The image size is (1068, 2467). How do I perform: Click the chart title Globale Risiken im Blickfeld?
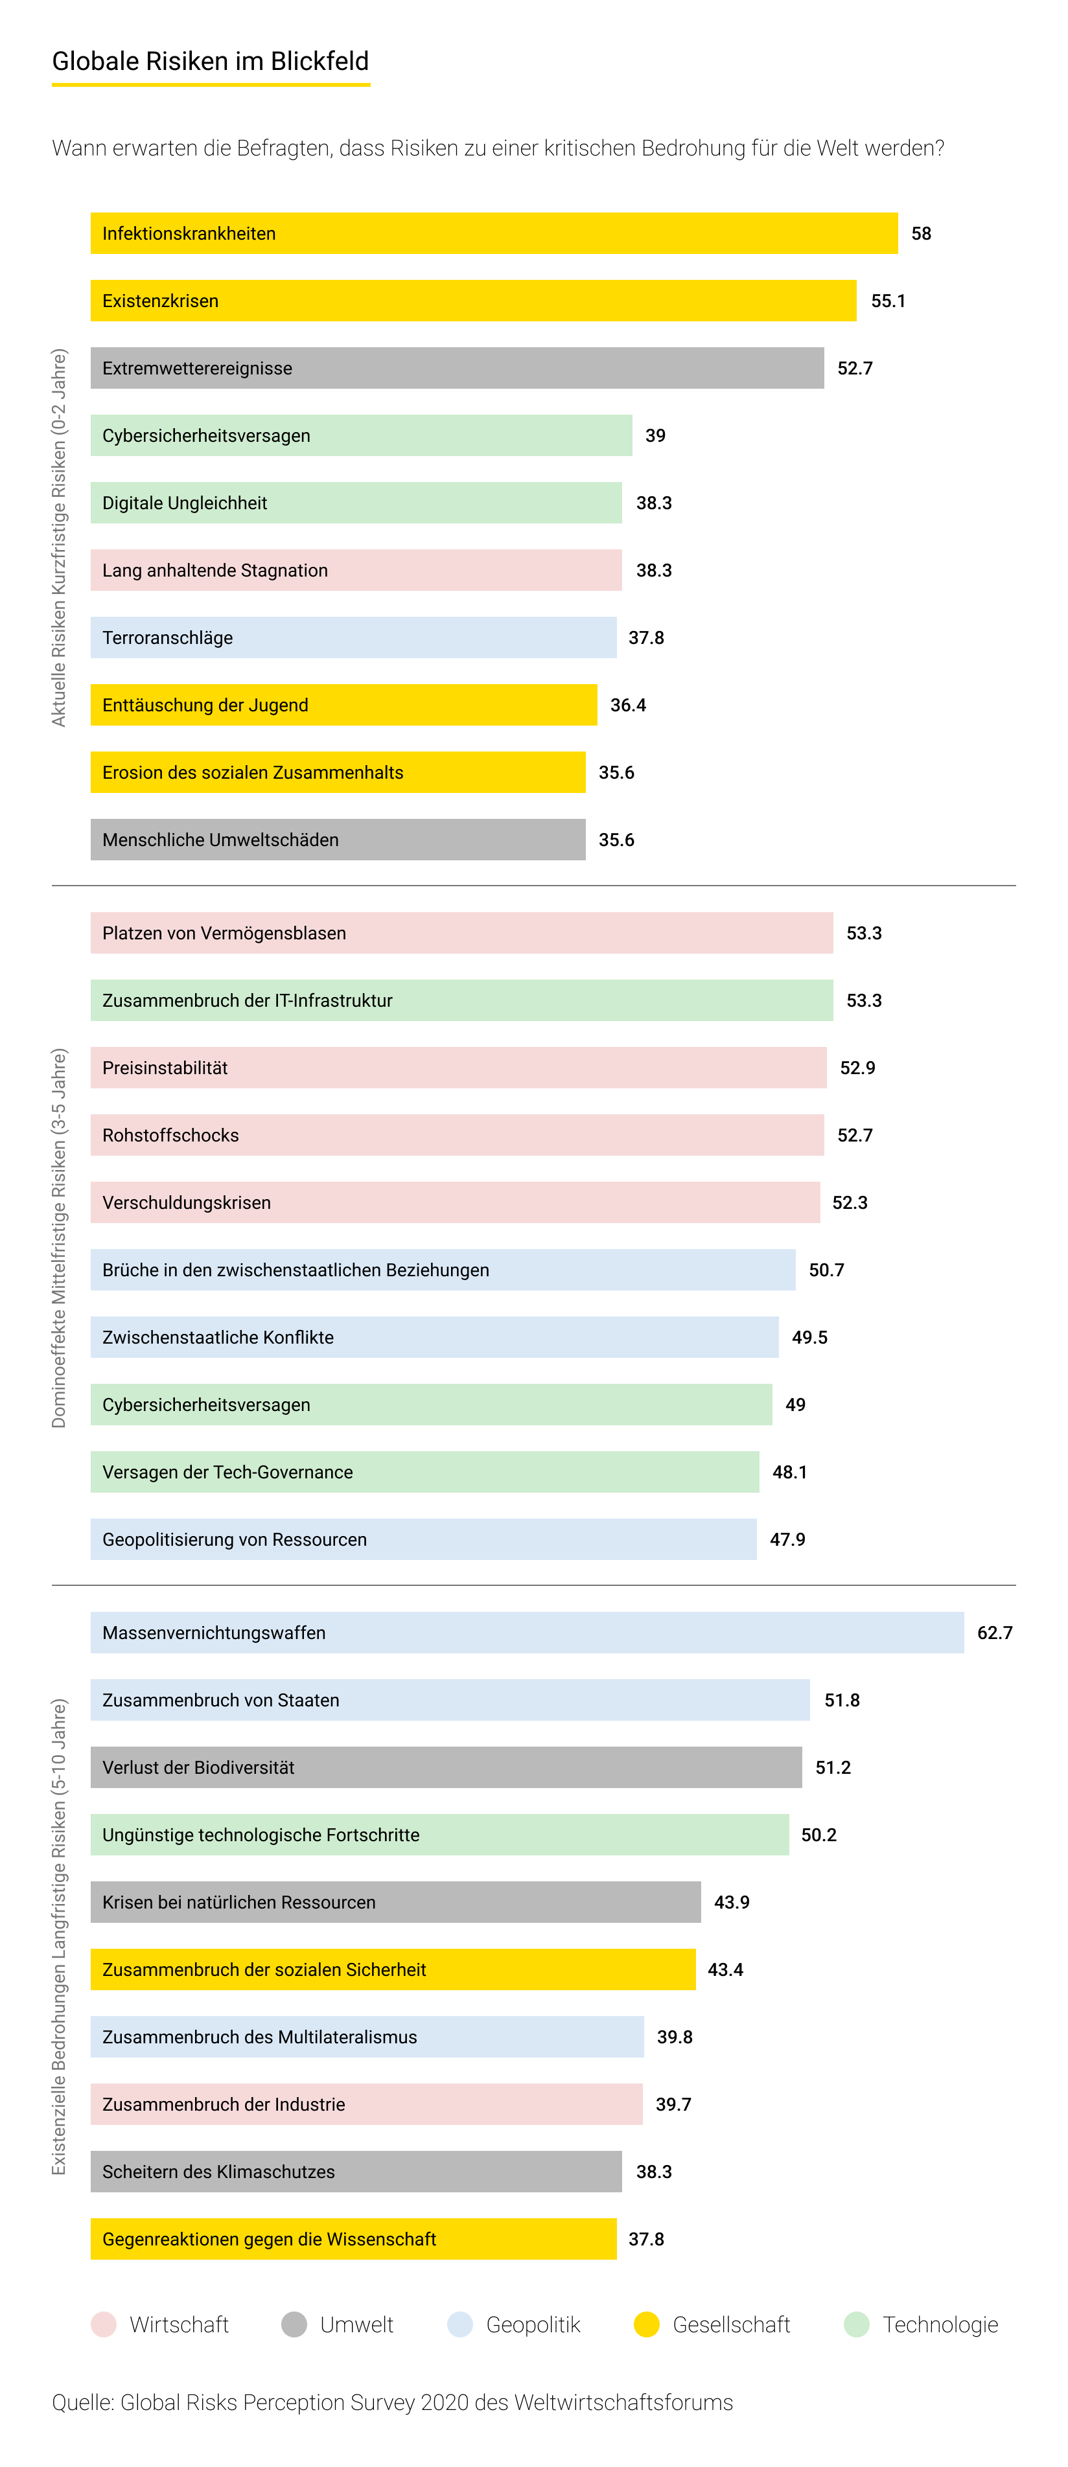(211, 62)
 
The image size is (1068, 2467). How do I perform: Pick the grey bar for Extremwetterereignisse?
(457, 369)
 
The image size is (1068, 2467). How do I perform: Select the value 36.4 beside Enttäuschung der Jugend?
(629, 706)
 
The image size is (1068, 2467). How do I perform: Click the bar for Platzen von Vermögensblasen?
(461, 934)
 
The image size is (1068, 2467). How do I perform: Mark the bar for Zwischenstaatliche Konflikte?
(434, 1338)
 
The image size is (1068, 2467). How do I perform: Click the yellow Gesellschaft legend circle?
(647, 2325)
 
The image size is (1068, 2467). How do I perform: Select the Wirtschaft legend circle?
(104, 2325)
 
